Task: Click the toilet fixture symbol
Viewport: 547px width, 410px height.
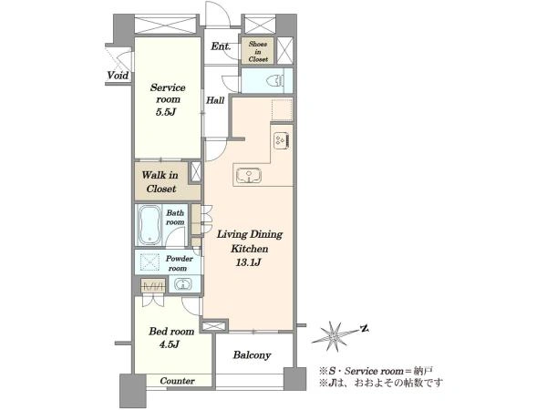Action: tap(274, 81)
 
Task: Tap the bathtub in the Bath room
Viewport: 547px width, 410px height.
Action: tap(150, 225)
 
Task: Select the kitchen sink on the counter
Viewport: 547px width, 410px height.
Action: tap(249, 175)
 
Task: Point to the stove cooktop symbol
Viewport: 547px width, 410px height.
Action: tap(282, 140)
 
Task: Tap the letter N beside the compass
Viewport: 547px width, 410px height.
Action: tap(364, 328)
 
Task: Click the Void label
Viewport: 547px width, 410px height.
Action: tap(118, 76)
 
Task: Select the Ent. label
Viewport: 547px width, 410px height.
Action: tap(222, 46)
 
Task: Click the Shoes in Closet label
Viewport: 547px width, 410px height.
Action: tap(258, 52)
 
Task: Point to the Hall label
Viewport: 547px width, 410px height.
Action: tap(215, 100)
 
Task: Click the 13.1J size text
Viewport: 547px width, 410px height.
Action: tap(248, 262)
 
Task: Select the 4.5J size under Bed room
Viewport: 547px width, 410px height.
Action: tap(170, 344)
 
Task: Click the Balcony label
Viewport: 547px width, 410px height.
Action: tap(252, 355)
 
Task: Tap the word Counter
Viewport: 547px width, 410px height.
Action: tap(177, 381)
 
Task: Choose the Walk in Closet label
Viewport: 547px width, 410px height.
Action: tap(160, 182)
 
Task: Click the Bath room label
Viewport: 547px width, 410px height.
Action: tap(175, 217)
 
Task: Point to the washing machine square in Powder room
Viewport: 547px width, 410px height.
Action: tap(150, 262)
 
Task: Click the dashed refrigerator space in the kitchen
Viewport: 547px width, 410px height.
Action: tap(282, 110)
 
